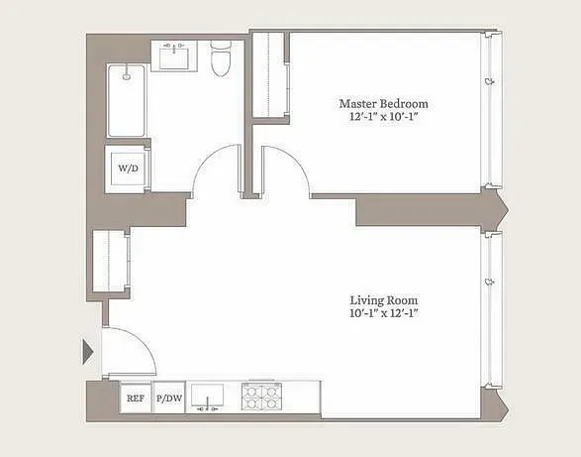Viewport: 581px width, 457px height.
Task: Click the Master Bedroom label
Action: click(x=384, y=103)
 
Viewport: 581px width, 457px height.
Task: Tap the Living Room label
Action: click(x=384, y=299)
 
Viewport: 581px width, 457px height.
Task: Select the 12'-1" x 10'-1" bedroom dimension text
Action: click(x=384, y=117)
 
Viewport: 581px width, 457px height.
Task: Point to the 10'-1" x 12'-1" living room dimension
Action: click(x=384, y=314)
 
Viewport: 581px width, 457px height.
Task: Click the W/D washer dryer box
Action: click(x=129, y=169)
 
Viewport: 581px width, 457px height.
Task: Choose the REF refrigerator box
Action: click(x=136, y=399)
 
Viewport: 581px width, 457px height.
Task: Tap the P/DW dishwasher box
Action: click(x=169, y=399)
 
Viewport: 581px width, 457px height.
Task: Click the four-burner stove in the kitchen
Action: click(x=260, y=398)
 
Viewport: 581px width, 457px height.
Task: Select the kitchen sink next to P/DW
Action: click(x=210, y=397)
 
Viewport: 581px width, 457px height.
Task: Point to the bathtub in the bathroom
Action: click(x=127, y=101)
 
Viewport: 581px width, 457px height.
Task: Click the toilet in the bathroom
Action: click(x=221, y=59)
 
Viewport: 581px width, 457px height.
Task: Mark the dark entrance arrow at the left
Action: click(x=88, y=350)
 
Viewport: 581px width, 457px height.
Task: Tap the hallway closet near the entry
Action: click(x=108, y=263)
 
